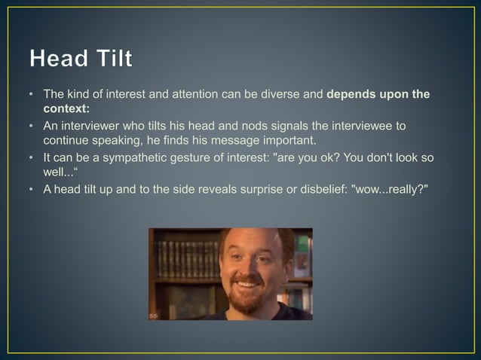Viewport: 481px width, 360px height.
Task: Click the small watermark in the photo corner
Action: pos(154,315)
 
